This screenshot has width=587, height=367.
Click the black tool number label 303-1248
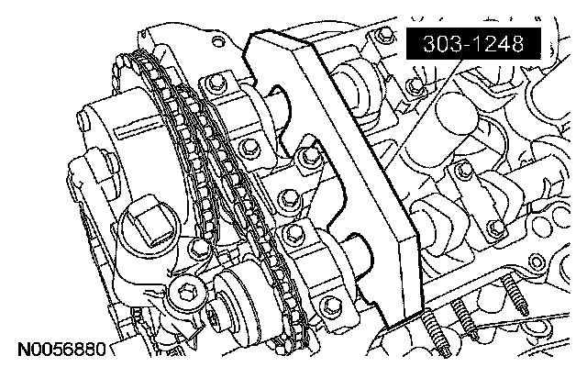473,44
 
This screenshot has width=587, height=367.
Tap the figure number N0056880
62,349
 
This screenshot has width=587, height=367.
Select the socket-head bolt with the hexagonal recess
186,292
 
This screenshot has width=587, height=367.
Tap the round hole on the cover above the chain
218,41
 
